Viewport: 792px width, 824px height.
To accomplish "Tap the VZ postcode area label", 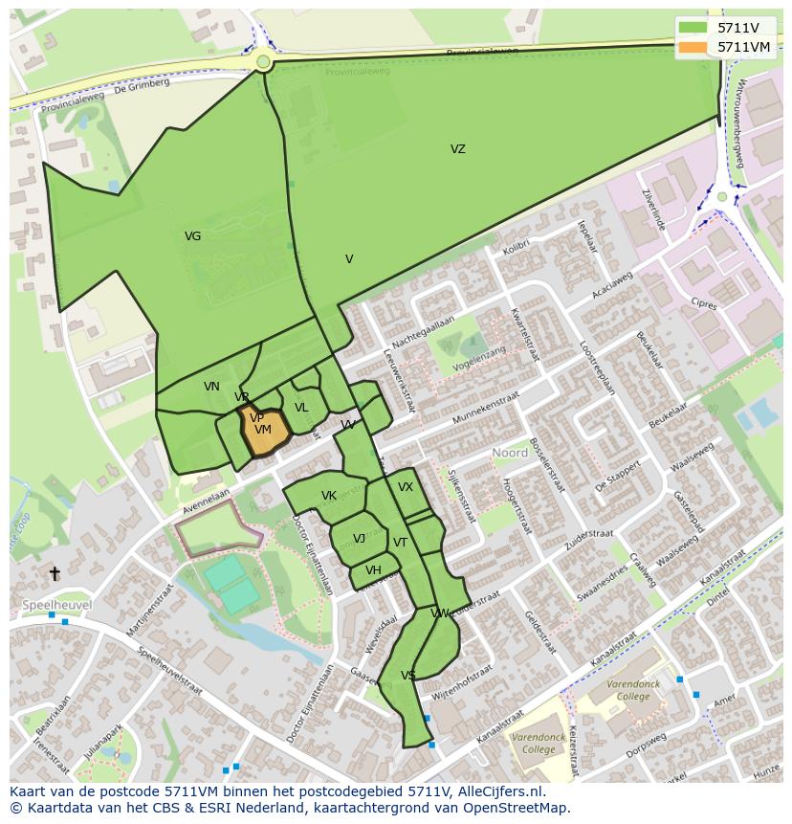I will (458, 149).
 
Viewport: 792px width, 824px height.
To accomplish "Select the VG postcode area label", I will (192, 236).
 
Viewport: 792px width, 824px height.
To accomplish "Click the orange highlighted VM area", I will (264, 431).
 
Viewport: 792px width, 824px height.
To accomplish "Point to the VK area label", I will (328, 496).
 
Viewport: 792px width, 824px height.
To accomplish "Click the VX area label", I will (406, 487).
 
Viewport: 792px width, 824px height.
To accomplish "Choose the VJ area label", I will (359, 539).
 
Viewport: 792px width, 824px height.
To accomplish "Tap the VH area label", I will (373, 570).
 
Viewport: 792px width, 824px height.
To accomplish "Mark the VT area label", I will (400, 543).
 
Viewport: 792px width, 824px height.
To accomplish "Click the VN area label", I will (211, 387).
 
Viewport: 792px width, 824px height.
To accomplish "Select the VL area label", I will (301, 408).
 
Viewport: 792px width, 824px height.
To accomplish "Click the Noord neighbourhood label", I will (510, 453).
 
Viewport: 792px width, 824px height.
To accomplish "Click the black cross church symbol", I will (55, 573).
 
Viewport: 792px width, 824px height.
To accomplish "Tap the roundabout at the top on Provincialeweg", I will (263, 62).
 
